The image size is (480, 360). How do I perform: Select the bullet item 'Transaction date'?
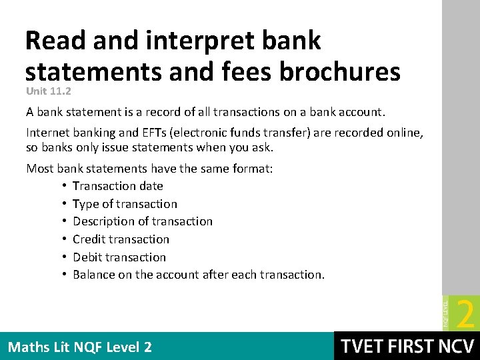(x=118, y=186)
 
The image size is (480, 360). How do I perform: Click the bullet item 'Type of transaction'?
(x=125, y=204)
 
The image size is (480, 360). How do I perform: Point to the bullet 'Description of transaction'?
(x=143, y=221)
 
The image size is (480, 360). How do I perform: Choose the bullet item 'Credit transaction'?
(x=121, y=239)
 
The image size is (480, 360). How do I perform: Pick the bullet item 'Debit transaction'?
(x=119, y=257)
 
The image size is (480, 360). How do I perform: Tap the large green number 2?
(x=467, y=313)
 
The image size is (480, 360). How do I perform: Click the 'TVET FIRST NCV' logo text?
(x=407, y=346)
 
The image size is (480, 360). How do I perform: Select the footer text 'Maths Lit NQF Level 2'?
(x=80, y=347)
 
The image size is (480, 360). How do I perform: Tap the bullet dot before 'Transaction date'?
(x=63, y=186)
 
